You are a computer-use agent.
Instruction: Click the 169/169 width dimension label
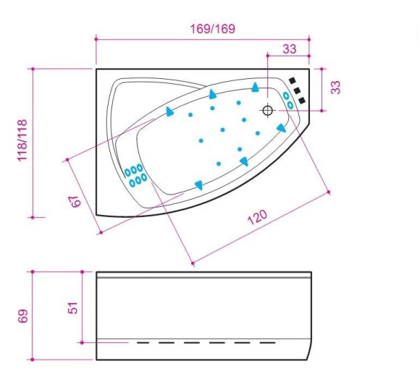click(x=212, y=29)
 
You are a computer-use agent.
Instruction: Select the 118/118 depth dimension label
click(x=22, y=140)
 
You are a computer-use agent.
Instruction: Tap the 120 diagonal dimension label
click(x=257, y=217)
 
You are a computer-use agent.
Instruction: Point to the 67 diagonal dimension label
click(x=75, y=201)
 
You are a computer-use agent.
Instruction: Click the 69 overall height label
click(x=23, y=316)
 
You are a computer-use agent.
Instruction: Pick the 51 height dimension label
click(x=73, y=308)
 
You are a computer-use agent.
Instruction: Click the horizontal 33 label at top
click(x=290, y=49)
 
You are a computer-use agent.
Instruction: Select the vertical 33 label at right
click(x=335, y=88)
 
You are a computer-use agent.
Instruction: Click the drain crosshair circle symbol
click(x=268, y=110)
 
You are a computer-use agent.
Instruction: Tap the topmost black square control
click(x=293, y=80)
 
